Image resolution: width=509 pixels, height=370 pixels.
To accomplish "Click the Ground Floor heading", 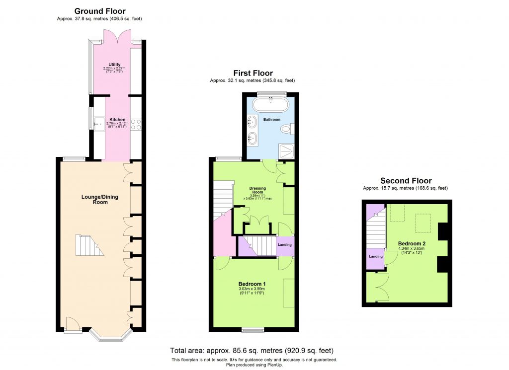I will pos(100,11).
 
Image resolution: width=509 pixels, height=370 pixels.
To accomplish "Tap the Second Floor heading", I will pos(406,181).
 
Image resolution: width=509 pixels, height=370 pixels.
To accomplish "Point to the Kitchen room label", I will pos(117,120).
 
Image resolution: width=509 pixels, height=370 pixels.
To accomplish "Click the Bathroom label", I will pos(272,120).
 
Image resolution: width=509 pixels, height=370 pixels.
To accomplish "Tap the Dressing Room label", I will pos(257,191).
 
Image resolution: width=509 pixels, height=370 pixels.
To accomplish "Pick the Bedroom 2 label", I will pos(412,244).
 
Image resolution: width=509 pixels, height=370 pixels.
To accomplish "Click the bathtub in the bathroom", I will pos(271,105).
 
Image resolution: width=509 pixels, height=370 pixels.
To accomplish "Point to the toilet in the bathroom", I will pos(285,130).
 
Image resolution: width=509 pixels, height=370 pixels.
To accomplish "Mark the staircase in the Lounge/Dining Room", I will pos(88,245).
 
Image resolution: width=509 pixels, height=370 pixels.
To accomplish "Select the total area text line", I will pos(252,350).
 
